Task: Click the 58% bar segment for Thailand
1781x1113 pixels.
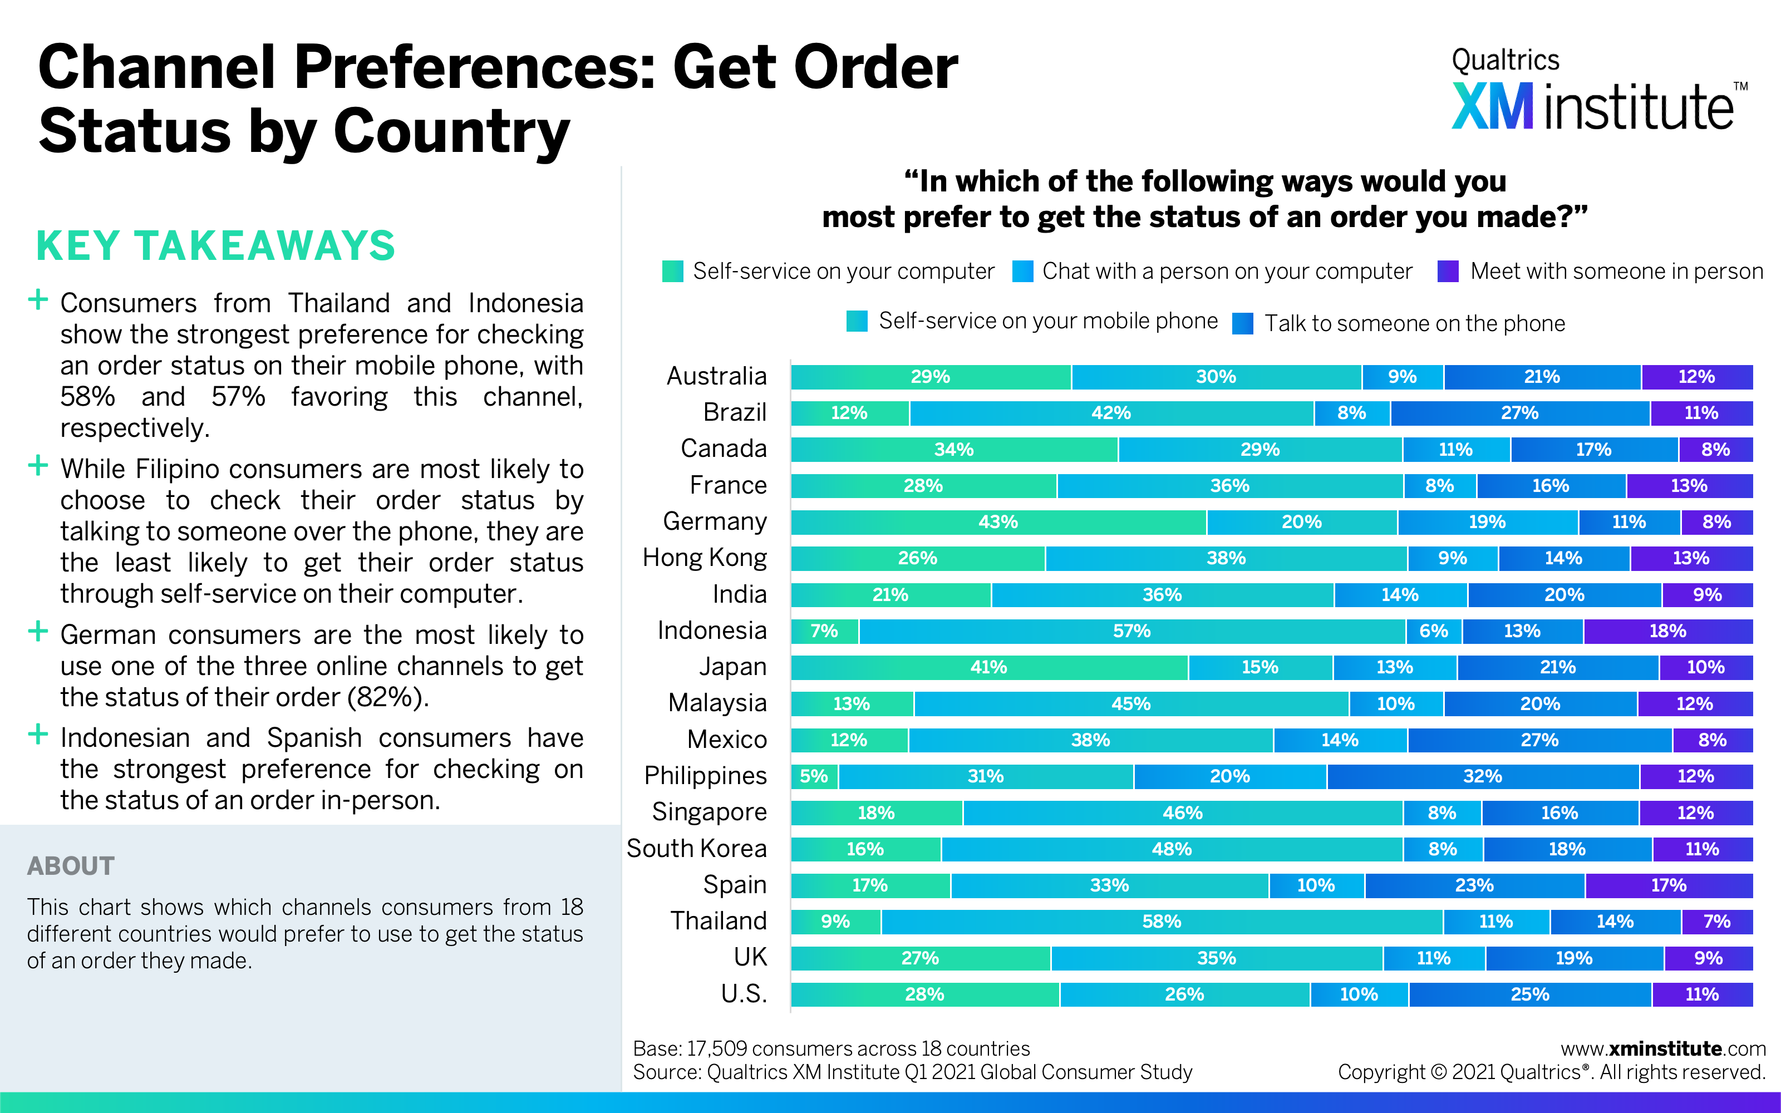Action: (x=1162, y=922)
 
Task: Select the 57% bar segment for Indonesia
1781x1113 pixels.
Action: (x=1132, y=632)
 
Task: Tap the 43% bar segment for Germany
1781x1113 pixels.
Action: (x=998, y=523)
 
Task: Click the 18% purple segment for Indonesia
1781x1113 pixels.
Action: (x=1667, y=632)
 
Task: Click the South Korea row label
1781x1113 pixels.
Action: (x=696, y=849)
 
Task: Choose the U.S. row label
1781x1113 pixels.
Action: (x=744, y=994)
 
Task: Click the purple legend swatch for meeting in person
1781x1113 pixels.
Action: (x=1448, y=272)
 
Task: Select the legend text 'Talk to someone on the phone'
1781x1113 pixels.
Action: (x=1414, y=324)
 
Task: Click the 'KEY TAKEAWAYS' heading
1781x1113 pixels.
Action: (x=215, y=246)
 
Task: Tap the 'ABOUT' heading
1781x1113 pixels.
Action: (x=71, y=866)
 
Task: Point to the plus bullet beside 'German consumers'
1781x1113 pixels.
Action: (x=37, y=632)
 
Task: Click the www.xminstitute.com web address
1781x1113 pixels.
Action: (x=1662, y=1049)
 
